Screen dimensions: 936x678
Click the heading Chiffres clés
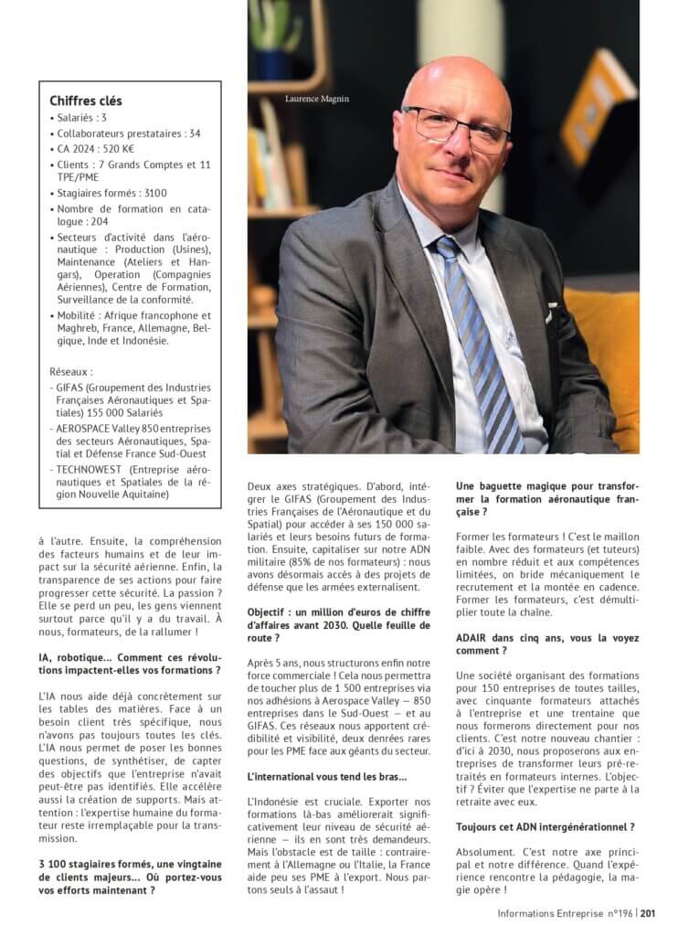(86, 101)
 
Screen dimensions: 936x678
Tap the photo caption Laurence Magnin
(317, 99)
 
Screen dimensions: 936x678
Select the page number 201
(648, 913)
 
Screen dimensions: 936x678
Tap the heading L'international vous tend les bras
(327, 776)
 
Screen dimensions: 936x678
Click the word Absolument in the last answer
(487, 851)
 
